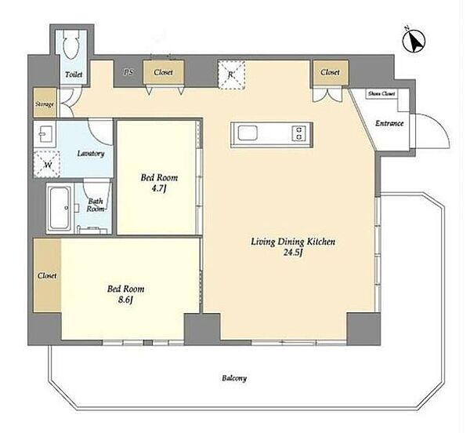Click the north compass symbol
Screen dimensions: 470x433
coord(414,41)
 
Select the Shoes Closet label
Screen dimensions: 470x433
coord(381,93)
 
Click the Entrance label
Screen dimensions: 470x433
coord(389,123)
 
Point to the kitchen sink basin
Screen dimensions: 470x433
coord(248,133)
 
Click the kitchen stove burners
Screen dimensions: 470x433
coord(299,133)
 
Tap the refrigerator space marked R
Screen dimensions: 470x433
coord(231,75)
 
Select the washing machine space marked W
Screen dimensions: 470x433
coord(47,164)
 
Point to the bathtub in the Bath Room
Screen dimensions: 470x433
coord(60,208)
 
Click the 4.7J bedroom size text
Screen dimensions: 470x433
coord(158,189)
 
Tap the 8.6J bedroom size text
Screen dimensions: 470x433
coord(125,300)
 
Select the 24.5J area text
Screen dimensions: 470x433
coord(292,253)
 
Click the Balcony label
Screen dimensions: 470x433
coord(234,378)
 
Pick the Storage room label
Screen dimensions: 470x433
coord(45,104)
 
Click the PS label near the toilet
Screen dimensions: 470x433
coord(128,72)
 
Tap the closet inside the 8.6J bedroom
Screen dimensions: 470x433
coord(47,275)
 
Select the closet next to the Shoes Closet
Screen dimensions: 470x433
coord(330,72)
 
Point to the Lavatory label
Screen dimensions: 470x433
coord(91,154)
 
